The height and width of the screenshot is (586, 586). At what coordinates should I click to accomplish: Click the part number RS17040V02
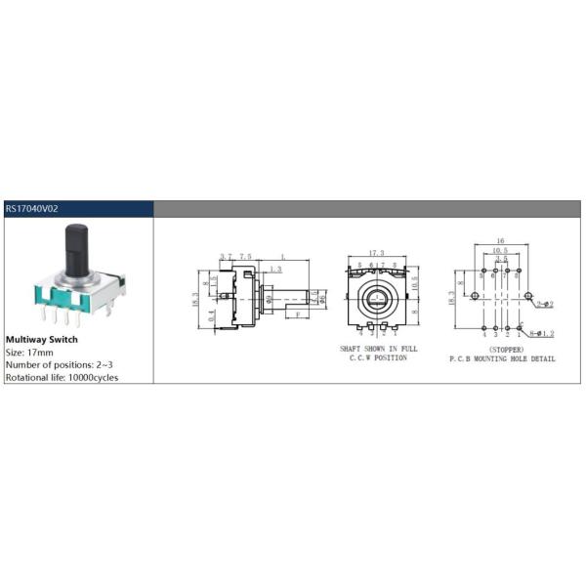click(x=32, y=208)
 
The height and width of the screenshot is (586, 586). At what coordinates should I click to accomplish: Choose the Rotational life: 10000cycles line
click(x=62, y=377)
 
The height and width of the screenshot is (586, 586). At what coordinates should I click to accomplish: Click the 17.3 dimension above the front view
click(x=375, y=252)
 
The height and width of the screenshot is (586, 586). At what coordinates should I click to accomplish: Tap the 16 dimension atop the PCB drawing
click(x=499, y=239)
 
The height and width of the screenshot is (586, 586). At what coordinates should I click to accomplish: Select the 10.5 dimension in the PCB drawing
click(x=499, y=251)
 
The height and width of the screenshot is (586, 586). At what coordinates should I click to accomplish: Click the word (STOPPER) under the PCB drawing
click(x=502, y=349)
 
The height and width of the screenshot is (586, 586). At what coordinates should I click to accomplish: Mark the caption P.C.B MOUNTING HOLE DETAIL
click(x=502, y=359)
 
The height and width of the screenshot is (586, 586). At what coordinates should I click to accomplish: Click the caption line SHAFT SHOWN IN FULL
click(x=379, y=349)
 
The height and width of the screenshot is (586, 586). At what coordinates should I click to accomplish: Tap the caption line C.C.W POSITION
click(x=379, y=358)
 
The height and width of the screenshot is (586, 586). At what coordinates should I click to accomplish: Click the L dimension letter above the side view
click(x=283, y=256)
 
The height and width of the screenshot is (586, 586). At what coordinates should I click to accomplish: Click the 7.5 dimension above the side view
click(x=244, y=256)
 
